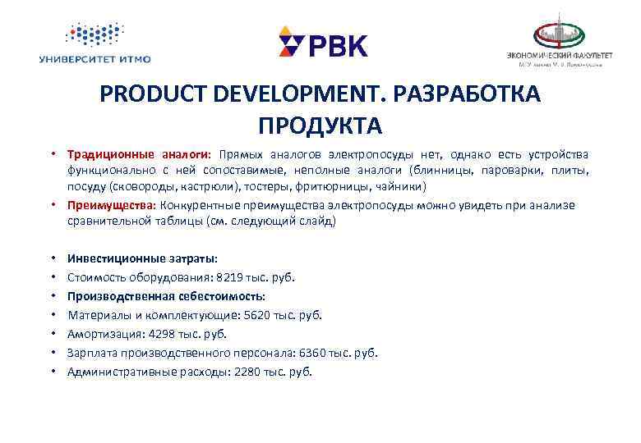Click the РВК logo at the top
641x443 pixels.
[x=323, y=43]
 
